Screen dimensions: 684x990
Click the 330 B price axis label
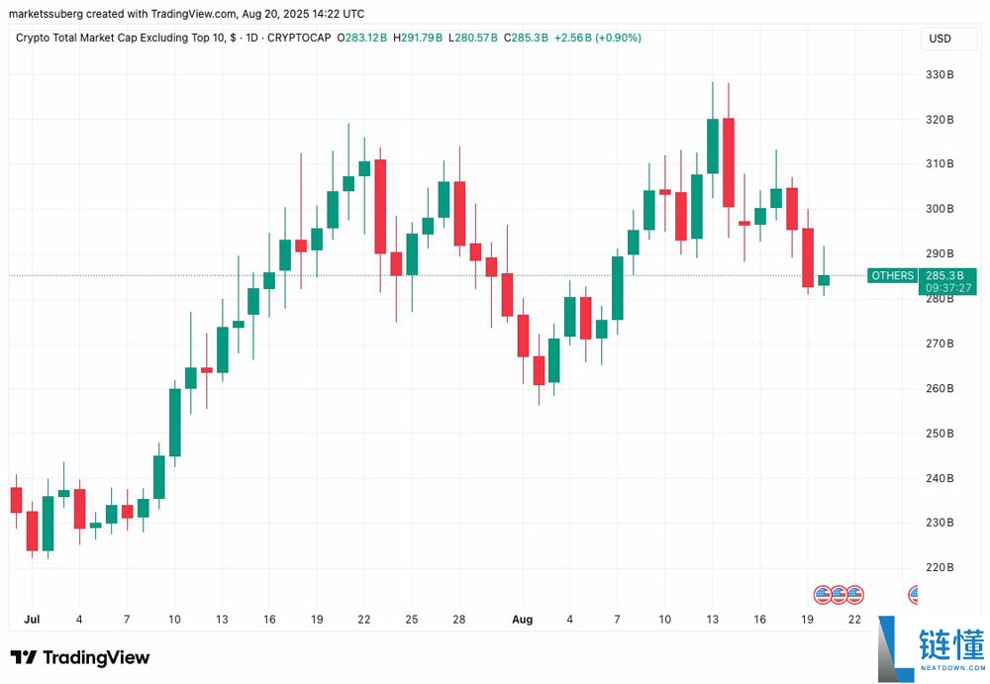[x=939, y=74]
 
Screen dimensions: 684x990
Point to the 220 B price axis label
[x=939, y=567]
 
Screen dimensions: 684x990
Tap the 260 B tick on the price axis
[x=939, y=388]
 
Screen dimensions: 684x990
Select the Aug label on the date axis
[x=522, y=620]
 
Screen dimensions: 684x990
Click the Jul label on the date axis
[x=31, y=620]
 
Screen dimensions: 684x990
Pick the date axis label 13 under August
[x=712, y=620]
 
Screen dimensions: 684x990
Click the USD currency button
[x=939, y=39]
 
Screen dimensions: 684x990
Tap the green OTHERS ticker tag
[x=892, y=275]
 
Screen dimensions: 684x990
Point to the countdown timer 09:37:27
[x=946, y=288]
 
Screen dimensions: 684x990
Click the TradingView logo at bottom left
[x=80, y=657]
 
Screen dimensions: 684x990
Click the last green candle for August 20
[x=824, y=280]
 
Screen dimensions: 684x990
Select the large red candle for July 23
[x=380, y=206]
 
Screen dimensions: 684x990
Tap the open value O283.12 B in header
[x=362, y=38]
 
